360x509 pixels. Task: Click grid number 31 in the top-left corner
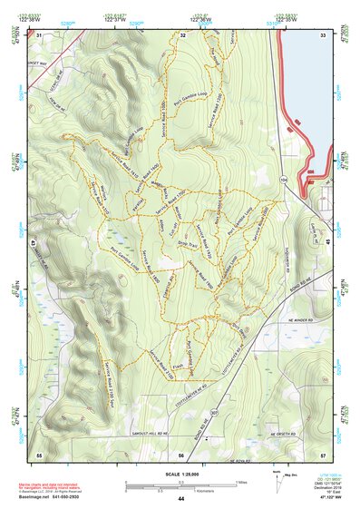(39, 35)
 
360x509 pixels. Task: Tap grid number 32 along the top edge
(182, 35)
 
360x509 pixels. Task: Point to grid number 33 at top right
(322, 35)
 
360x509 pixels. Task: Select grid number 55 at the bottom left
(39, 452)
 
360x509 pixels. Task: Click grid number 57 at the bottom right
(322, 452)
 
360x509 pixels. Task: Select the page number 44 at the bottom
(181, 499)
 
